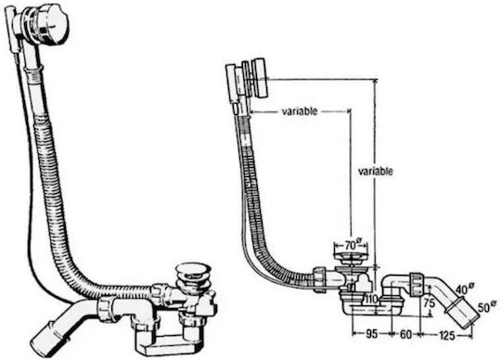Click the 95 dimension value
coord(372,334)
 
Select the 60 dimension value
coord(405,334)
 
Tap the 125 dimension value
coord(447,335)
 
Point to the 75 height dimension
coord(430,302)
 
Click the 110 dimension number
coord(372,300)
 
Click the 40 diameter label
coord(465,289)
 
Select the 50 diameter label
coord(487,307)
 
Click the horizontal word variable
coord(300,111)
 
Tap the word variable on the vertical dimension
coord(376,172)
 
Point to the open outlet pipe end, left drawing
coord(47,338)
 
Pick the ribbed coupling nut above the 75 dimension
coord(417,284)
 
